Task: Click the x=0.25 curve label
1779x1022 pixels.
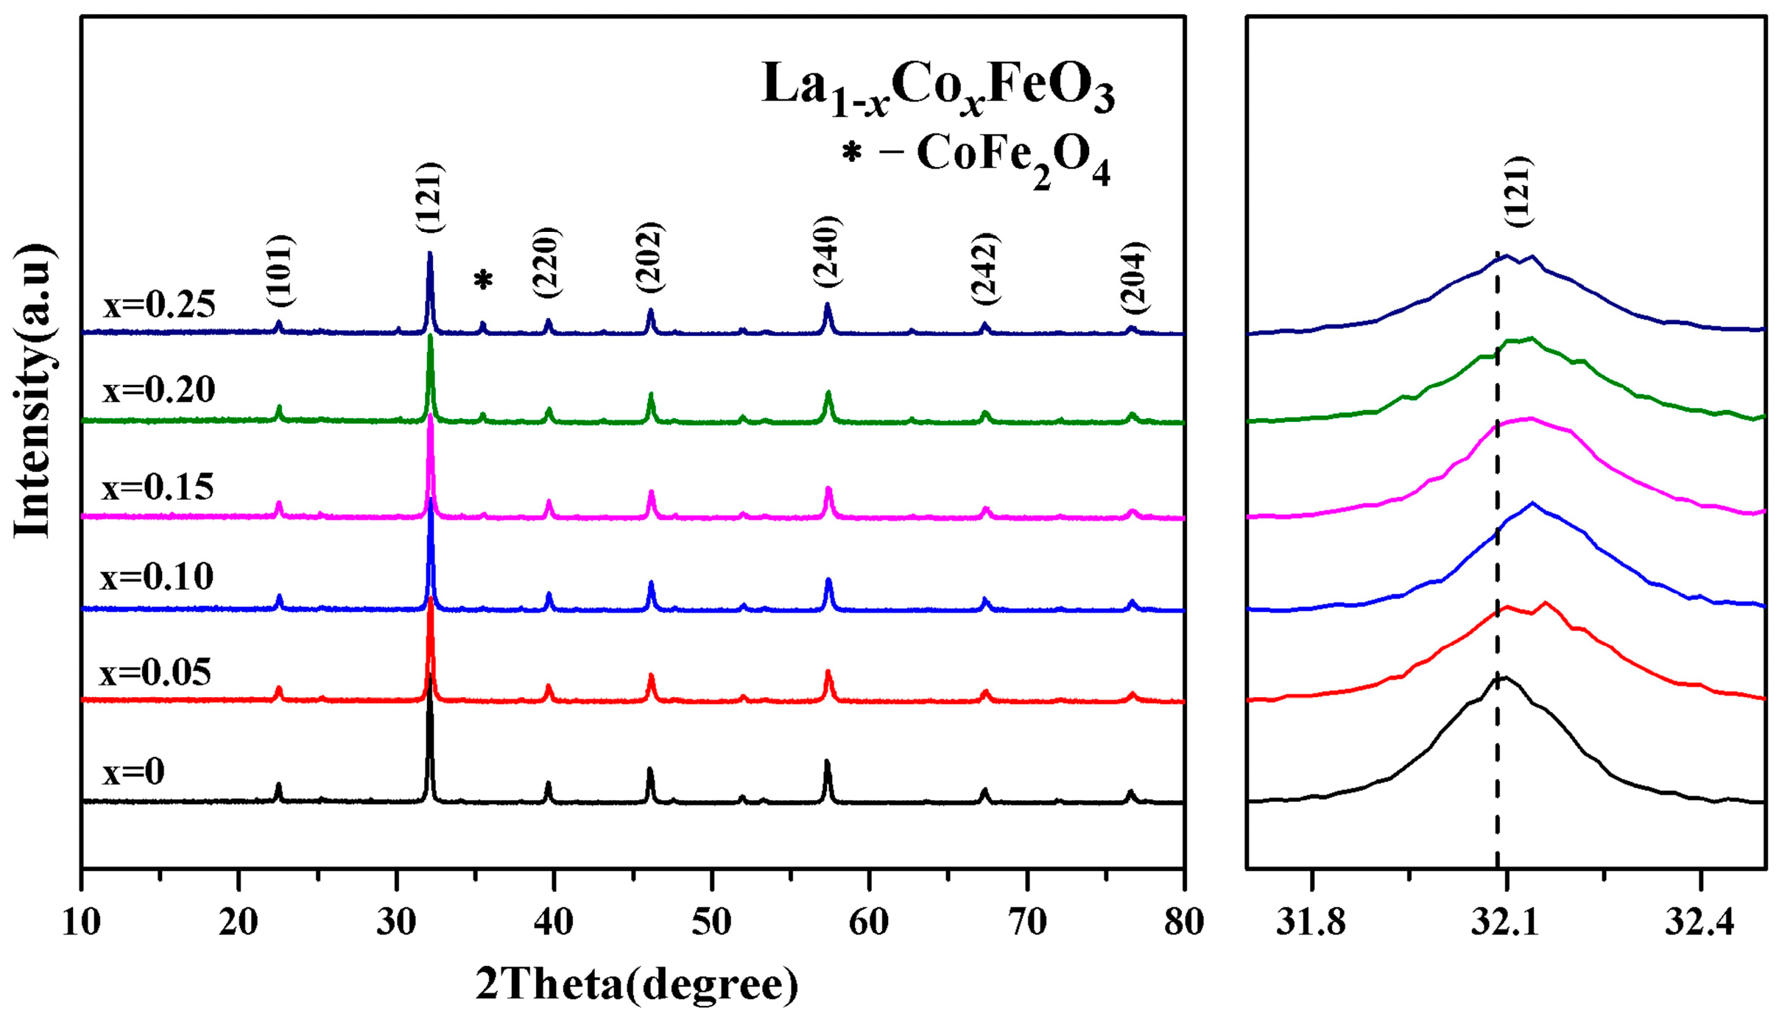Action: pyautogui.click(x=159, y=305)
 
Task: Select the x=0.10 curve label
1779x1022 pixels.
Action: pyautogui.click(x=157, y=577)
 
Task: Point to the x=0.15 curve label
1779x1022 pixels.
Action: pyautogui.click(x=158, y=487)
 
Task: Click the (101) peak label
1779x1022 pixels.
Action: pyautogui.click(x=280, y=271)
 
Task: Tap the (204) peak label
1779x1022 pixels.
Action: pyautogui.click(x=1133, y=278)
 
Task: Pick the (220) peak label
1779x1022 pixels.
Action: pyautogui.click(x=546, y=263)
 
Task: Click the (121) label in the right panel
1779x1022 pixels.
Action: pyautogui.click(x=1518, y=191)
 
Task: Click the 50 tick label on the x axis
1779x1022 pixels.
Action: pyautogui.click(x=711, y=922)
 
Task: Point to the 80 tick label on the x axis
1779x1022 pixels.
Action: pyautogui.click(x=1183, y=922)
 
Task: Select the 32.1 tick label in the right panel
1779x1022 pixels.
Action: pyautogui.click(x=1506, y=922)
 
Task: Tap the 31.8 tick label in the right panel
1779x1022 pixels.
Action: pyautogui.click(x=1311, y=922)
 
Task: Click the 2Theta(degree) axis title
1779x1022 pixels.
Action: pyautogui.click(x=636, y=984)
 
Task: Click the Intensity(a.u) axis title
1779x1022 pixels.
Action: pyautogui.click(x=33, y=390)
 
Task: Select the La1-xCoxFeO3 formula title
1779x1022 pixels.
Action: pyautogui.click(x=938, y=88)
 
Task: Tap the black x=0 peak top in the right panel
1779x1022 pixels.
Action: pyautogui.click(x=1502, y=677)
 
